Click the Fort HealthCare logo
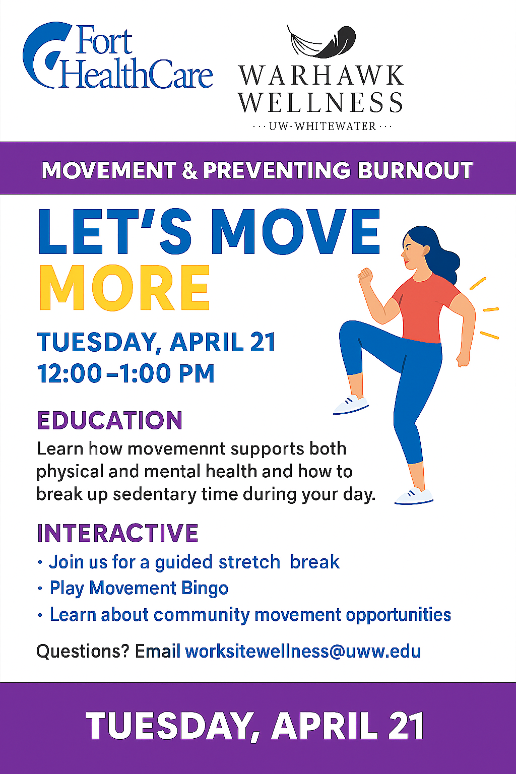117,55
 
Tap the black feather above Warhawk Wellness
321,41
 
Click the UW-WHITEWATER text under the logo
322,126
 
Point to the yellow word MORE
124,288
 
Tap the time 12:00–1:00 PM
126,373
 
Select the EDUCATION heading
109,420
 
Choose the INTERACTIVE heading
117,533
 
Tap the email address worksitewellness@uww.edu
303,652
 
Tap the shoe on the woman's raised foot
351,405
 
